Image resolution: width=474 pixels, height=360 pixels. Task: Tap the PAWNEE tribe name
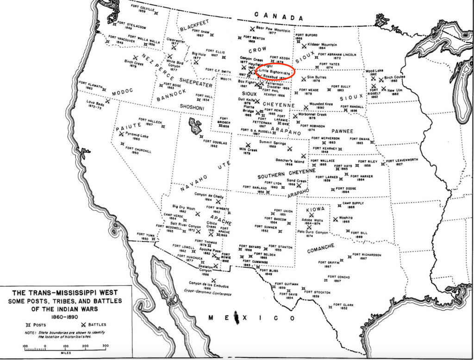pyautogui.click(x=342, y=131)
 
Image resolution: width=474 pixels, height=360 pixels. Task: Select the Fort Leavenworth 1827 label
pyautogui.click(x=402, y=161)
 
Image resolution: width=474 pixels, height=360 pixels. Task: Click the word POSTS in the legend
pyautogui.click(x=42, y=324)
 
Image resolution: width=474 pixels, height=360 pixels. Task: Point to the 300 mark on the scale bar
pyautogui.click(x=106, y=346)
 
